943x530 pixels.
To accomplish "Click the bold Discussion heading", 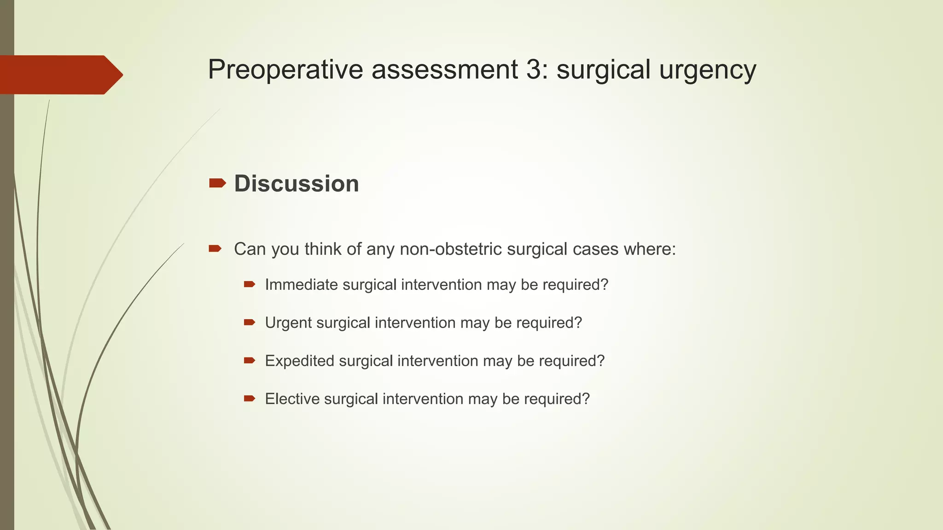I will (x=296, y=184).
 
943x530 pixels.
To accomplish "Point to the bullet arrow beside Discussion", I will (x=217, y=184).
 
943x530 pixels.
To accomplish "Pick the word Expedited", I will (x=299, y=361).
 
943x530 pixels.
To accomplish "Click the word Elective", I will (x=292, y=399).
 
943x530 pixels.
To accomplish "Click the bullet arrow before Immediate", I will (x=250, y=285).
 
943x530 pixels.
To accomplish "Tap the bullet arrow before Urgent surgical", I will (x=250, y=323).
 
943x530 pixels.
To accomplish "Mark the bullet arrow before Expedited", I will (x=250, y=361).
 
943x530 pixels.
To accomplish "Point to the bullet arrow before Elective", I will (x=250, y=398).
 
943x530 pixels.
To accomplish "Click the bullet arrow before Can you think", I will (x=215, y=249).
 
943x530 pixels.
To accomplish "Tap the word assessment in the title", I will (x=444, y=70).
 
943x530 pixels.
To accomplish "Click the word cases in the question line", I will (x=595, y=249).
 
